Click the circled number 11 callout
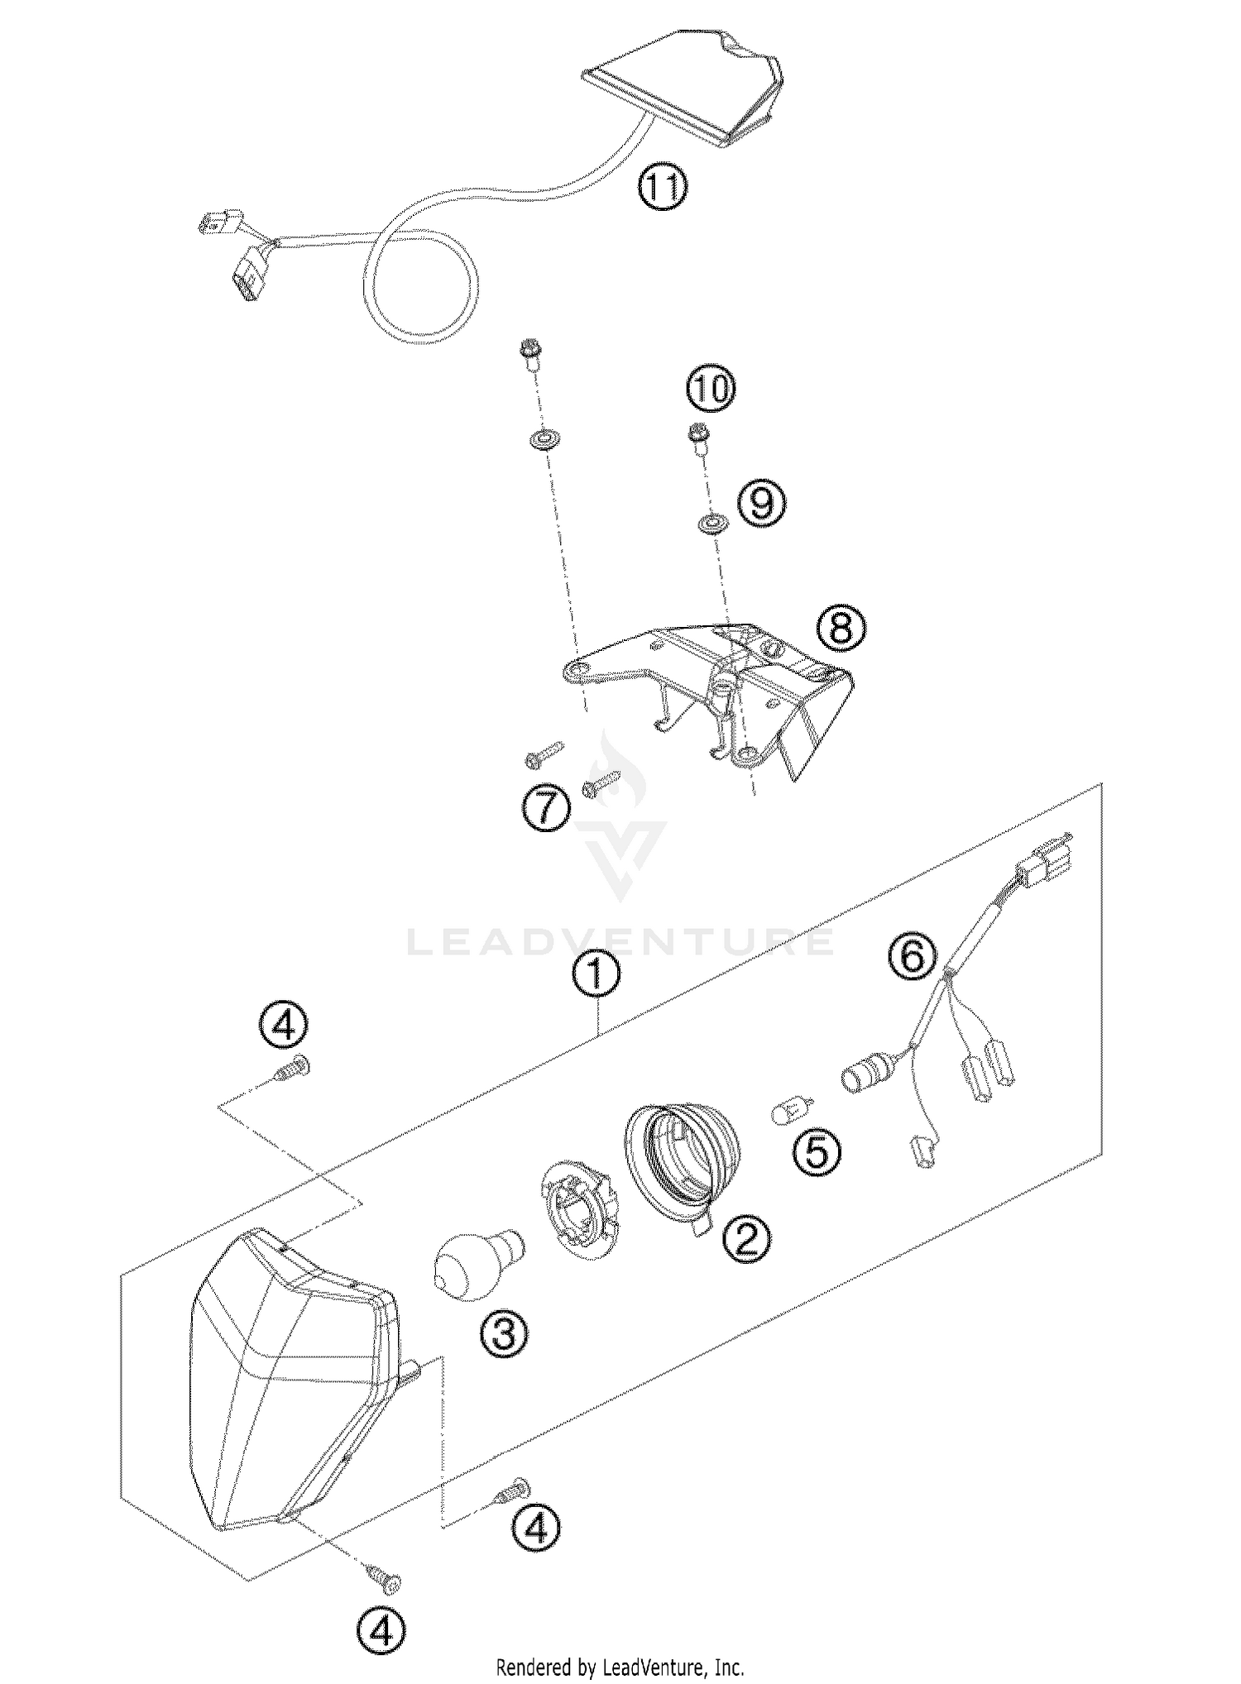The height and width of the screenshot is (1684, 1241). point(662,189)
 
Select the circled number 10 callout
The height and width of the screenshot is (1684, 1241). point(711,388)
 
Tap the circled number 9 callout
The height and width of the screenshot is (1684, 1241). point(761,504)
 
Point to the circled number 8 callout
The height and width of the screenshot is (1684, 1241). point(841,629)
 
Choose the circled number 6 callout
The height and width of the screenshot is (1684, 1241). point(912,959)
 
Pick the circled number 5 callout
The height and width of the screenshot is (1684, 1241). point(817,1152)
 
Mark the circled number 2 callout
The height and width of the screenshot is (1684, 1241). point(745,1261)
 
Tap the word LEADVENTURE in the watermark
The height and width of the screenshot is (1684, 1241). point(620,943)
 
